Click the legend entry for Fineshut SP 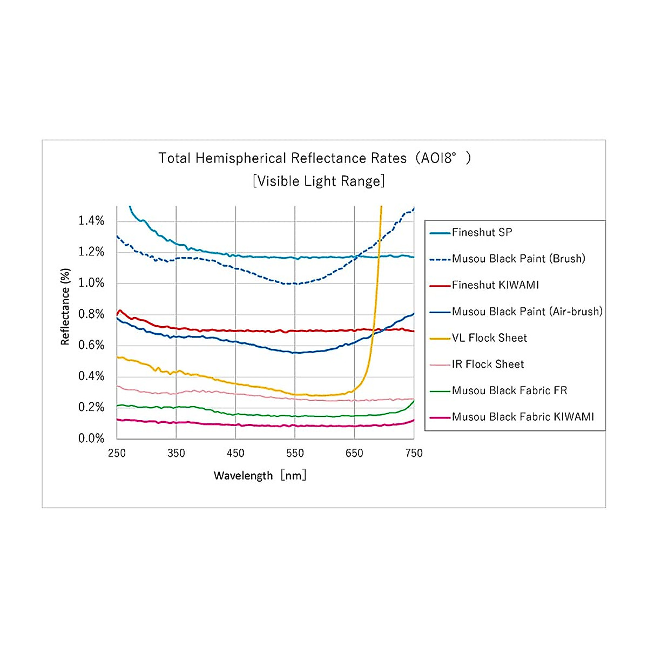coord(482,233)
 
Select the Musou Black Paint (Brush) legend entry coord(518,259)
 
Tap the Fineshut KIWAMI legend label coord(495,285)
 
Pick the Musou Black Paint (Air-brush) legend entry coord(527,312)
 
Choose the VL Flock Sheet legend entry coord(489,338)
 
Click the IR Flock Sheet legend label coord(488,364)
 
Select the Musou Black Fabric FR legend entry coord(509,390)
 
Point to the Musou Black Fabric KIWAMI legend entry coord(523,417)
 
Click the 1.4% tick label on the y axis coord(91,220)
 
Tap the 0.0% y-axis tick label coord(91,438)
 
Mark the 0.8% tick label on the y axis coord(91,314)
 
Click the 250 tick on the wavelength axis coord(117,453)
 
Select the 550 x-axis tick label coord(295,453)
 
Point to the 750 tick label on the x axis coord(414,453)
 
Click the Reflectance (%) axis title coord(65,307)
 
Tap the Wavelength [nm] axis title coord(260,476)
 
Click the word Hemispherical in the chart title coord(240,158)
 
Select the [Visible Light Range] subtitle coord(319,181)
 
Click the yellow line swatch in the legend coord(440,339)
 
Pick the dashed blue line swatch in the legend coord(440,259)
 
